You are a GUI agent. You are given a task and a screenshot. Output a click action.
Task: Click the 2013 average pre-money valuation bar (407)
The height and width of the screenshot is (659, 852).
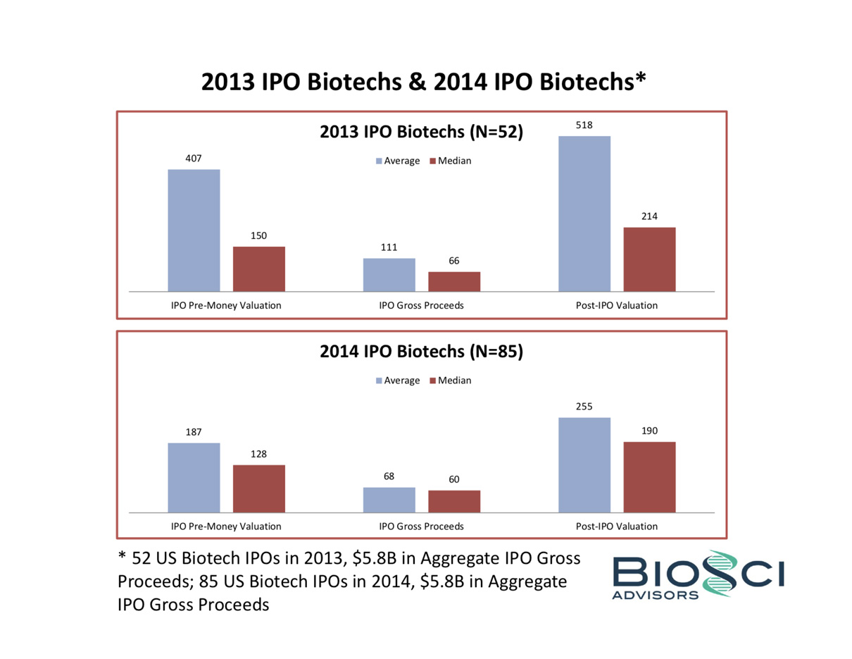tap(194, 230)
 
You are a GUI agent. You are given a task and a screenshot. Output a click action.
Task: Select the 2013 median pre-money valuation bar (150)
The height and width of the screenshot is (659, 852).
tap(258, 269)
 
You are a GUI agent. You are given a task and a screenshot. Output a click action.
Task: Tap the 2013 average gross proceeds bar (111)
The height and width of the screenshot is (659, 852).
tap(389, 274)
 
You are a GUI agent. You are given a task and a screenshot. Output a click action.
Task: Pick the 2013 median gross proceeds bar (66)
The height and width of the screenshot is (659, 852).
tap(454, 281)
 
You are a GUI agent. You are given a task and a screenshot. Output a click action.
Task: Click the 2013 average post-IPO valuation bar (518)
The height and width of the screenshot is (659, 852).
tap(584, 213)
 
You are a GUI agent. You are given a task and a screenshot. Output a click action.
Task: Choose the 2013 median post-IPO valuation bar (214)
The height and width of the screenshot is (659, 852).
tap(649, 259)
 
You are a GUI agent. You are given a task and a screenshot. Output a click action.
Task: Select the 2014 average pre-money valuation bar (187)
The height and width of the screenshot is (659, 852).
tap(194, 477)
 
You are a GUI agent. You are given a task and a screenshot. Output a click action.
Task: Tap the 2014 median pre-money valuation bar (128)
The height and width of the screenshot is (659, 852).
tap(258, 488)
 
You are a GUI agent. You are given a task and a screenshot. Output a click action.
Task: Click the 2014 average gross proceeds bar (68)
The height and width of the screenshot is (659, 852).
tap(389, 500)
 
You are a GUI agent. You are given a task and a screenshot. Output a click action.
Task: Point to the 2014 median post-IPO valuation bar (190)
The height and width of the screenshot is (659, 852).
tap(649, 476)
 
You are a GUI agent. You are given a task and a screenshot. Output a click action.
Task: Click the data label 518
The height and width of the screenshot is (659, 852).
tap(584, 125)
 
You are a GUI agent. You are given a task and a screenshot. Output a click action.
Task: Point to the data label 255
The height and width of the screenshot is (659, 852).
tap(584, 407)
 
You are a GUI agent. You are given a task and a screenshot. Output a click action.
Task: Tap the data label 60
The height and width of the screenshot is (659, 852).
tap(454, 479)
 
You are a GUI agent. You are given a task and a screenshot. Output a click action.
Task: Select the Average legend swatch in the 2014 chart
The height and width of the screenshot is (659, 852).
tap(378, 381)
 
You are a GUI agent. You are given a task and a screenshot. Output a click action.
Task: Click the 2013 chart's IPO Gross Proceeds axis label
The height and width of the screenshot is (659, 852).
tap(421, 306)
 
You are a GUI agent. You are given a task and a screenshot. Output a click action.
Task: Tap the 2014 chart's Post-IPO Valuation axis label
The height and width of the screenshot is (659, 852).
tap(616, 526)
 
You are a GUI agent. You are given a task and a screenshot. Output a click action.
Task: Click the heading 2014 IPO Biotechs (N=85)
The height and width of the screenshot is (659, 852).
tap(421, 352)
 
